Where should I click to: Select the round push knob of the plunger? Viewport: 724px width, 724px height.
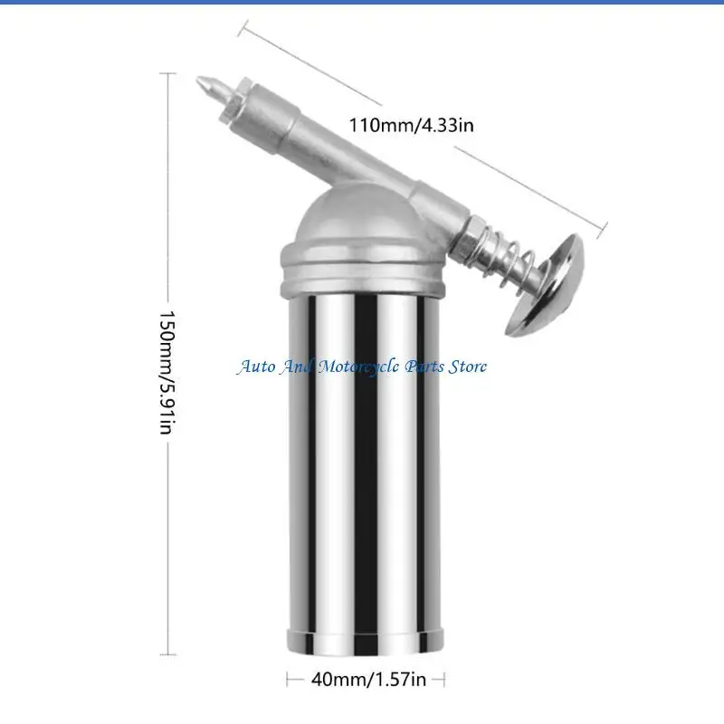tap(546, 285)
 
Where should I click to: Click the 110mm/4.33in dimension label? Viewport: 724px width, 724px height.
tap(411, 125)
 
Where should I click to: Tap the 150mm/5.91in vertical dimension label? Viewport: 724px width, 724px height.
tap(167, 372)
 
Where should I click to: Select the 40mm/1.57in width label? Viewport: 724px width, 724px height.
tap(368, 680)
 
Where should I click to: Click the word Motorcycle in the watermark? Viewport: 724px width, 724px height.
tap(358, 367)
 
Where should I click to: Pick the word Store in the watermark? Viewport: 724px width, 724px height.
tap(467, 367)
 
